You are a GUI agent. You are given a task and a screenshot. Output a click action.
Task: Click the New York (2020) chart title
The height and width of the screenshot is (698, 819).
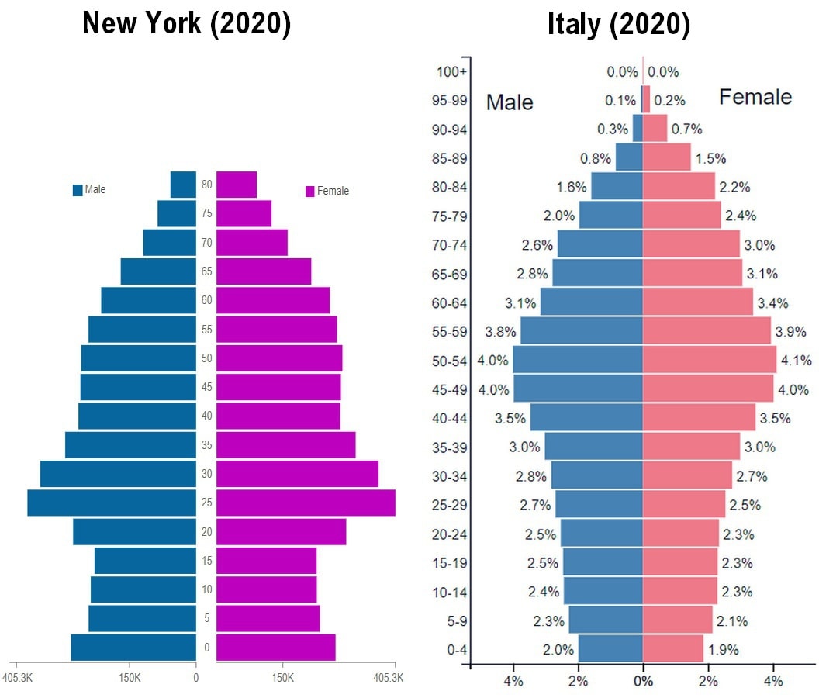tap(186, 24)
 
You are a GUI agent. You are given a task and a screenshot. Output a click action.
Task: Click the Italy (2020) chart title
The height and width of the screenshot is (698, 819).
tap(618, 24)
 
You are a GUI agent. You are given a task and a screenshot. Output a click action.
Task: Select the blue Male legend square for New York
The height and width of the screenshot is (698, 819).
tap(78, 190)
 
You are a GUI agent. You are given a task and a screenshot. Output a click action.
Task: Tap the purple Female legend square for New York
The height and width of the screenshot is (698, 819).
tap(310, 192)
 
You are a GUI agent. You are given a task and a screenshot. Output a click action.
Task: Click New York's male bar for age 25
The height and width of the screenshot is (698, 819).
tap(112, 503)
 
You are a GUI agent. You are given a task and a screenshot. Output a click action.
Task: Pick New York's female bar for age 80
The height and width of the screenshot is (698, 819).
tap(237, 185)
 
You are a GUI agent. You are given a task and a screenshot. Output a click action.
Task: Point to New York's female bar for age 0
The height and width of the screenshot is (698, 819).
tap(275, 648)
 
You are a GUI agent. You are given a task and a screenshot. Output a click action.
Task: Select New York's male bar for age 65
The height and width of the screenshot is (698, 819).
tap(158, 271)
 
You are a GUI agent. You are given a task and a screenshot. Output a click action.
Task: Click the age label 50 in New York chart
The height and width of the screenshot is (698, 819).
tap(206, 358)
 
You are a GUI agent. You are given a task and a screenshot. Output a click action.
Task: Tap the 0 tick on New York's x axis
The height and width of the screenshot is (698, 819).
tap(196, 678)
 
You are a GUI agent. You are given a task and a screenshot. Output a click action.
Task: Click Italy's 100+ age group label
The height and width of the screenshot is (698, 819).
tap(452, 72)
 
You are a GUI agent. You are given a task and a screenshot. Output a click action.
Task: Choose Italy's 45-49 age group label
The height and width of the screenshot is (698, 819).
tap(449, 389)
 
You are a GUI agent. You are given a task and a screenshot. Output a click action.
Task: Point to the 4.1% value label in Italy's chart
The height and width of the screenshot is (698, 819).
tap(797, 361)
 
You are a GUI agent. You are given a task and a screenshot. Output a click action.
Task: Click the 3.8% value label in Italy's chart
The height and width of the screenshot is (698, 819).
tap(500, 331)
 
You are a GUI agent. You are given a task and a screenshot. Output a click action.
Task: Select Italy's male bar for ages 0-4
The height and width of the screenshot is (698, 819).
tap(610, 649)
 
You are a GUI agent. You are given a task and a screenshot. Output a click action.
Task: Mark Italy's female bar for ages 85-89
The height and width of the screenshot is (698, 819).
tap(666, 157)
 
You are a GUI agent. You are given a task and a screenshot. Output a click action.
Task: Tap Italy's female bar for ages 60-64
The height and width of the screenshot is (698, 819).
tap(697, 302)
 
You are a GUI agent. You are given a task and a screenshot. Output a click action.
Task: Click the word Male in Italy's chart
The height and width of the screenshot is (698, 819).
tap(510, 102)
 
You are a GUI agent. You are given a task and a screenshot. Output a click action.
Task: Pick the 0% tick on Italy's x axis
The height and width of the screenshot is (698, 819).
tap(643, 682)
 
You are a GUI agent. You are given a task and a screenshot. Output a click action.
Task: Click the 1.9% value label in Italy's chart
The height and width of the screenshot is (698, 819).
tap(723, 650)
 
